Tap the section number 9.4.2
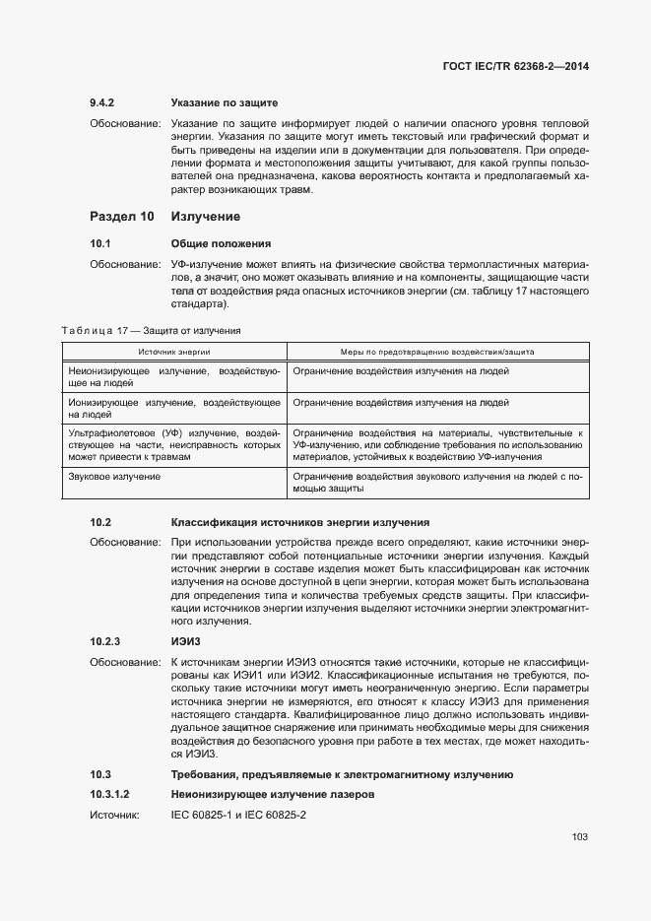coord(103,102)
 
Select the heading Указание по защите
coord(225,102)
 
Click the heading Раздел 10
coord(122,216)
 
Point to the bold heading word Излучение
coord(206,216)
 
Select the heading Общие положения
coord(221,243)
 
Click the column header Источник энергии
coord(173,351)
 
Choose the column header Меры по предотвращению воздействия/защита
coord(437,351)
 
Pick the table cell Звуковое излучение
coord(114,477)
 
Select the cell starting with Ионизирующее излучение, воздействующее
coord(174,408)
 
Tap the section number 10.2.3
coord(104,641)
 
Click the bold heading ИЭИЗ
coord(187,641)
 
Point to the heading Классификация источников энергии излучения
coord(300,522)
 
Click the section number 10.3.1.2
coord(110,793)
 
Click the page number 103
coord(579,837)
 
